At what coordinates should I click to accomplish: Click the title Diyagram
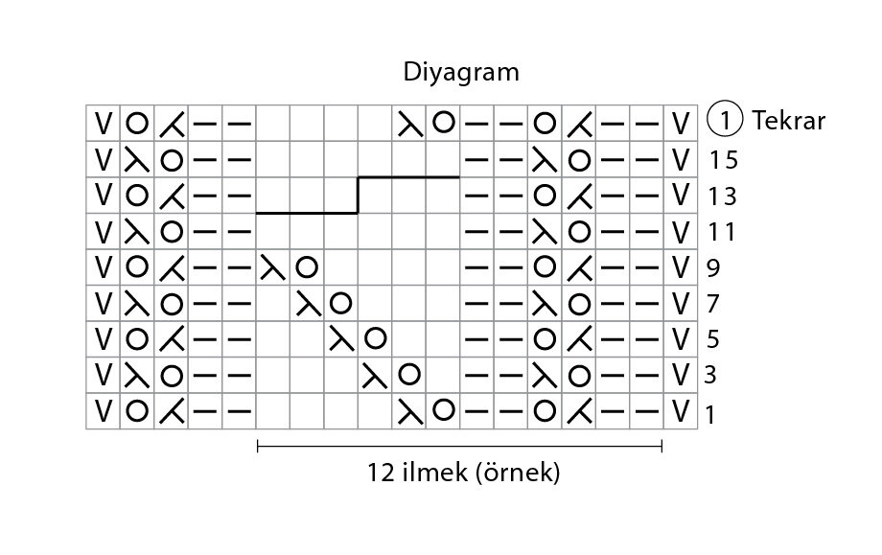[461, 73]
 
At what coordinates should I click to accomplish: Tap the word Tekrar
[789, 121]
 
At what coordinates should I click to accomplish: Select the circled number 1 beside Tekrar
[725, 121]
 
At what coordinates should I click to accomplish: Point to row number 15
[724, 160]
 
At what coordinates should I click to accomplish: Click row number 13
[722, 197]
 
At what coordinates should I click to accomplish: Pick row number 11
[722, 232]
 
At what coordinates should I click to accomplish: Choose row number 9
[713, 267]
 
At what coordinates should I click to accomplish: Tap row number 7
[712, 304]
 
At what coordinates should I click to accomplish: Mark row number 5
[712, 339]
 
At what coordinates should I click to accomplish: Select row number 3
[710, 375]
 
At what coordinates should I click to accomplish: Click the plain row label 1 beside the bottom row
[709, 415]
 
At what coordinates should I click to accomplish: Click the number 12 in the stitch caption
[381, 473]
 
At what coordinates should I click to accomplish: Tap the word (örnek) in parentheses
[518, 473]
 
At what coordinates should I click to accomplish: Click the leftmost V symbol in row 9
[103, 267]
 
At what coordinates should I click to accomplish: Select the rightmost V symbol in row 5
[681, 339]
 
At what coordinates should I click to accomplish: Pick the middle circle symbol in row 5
[375, 338]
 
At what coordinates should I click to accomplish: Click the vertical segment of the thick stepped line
[358, 196]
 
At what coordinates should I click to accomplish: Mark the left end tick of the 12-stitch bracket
[258, 447]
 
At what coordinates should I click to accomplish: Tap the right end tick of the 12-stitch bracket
[662, 447]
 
